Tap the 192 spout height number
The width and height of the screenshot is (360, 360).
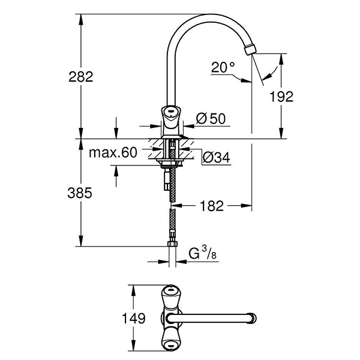pos(281,96)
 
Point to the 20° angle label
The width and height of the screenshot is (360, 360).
pos(223,68)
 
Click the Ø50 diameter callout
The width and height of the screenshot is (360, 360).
pos(209,119)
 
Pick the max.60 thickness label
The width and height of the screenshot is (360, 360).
pos(113,152)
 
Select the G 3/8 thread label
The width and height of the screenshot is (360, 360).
pos(198,253)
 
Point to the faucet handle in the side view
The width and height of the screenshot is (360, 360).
pos(170,113)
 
